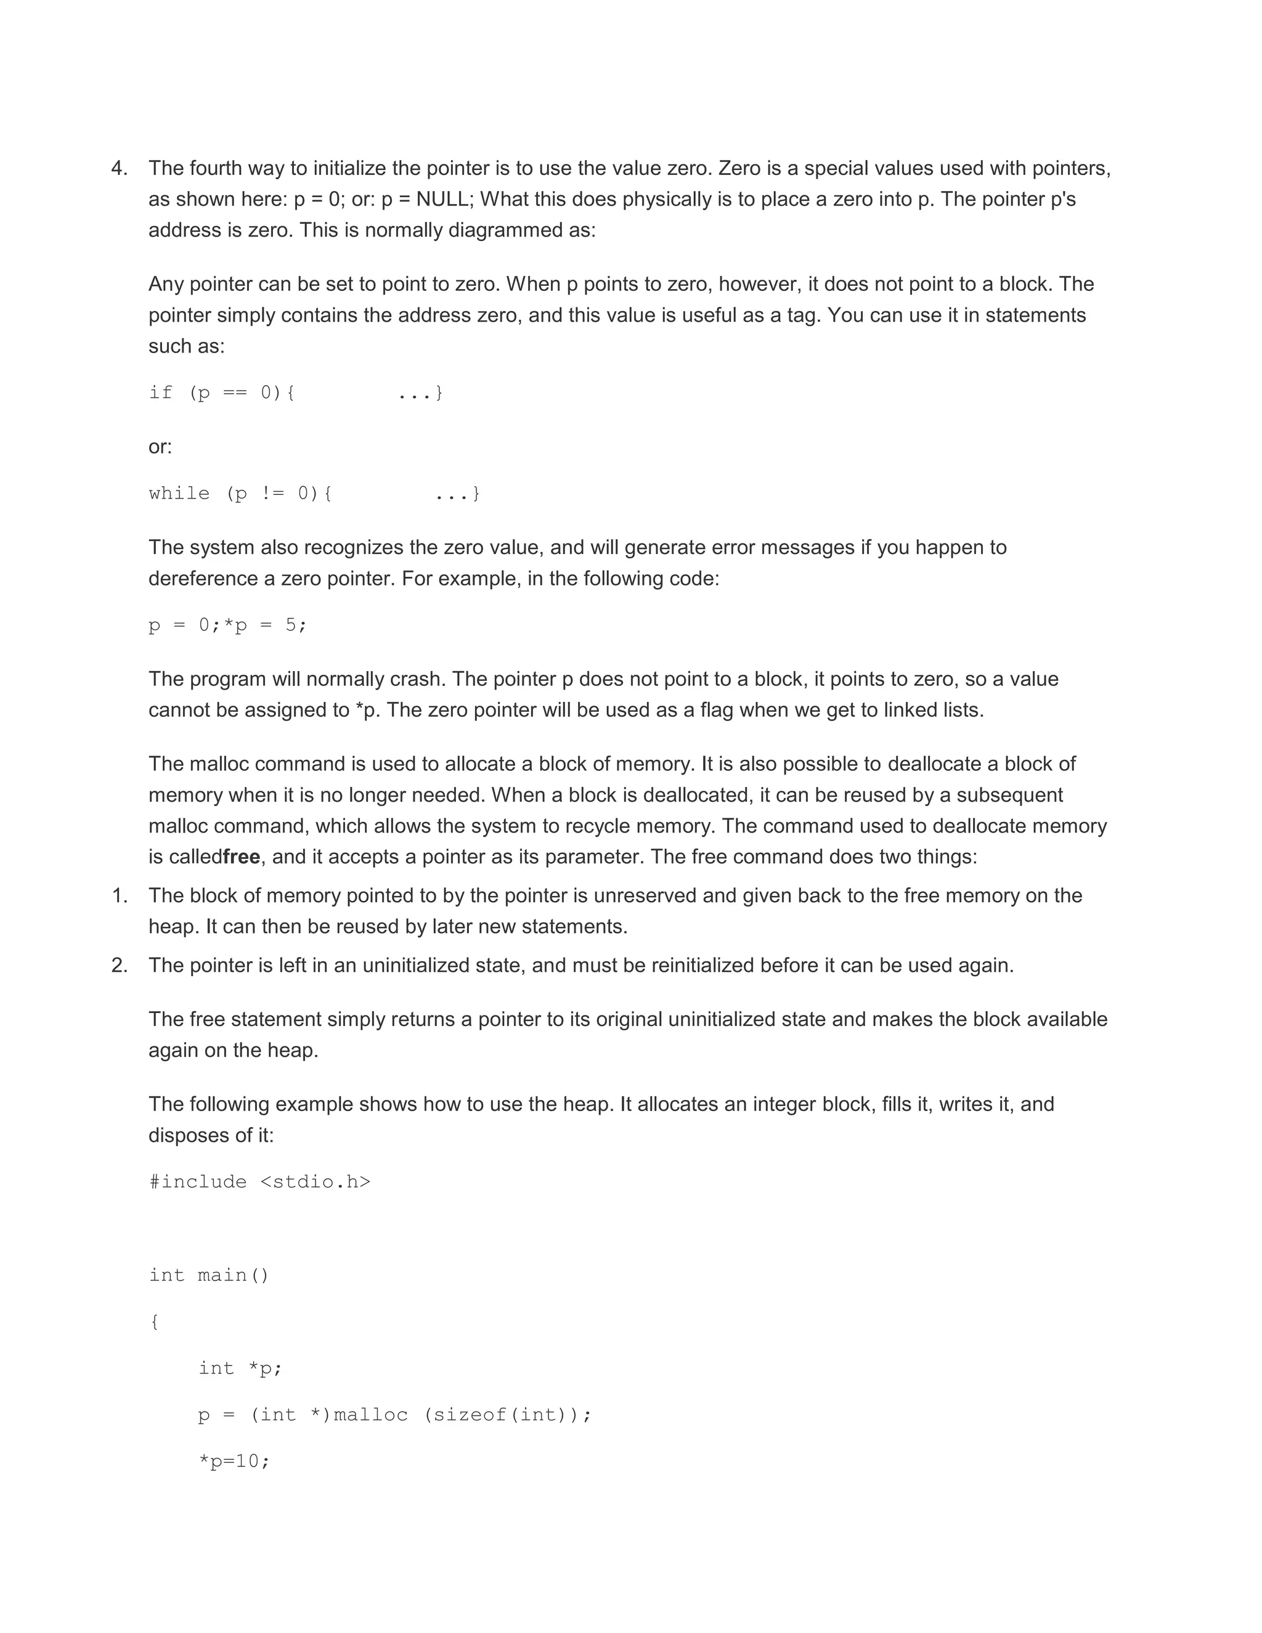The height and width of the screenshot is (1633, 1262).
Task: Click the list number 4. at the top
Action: coord(119,168)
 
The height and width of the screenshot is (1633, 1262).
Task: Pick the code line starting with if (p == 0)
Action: coord(295,393)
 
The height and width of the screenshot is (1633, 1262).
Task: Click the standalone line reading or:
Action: coord(160,447)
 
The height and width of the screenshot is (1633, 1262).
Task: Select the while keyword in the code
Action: coord(179,494)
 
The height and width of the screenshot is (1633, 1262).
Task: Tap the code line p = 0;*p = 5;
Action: coord(227,625)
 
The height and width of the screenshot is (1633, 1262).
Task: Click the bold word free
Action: coord(242,857)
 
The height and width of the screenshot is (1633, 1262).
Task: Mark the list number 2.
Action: coord(119,965)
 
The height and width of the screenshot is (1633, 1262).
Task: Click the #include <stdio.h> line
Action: coord(259,1182)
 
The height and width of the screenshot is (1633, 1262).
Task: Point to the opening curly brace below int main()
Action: coord(154,1322)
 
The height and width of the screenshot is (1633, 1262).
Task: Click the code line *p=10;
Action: coord(234,1461)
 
